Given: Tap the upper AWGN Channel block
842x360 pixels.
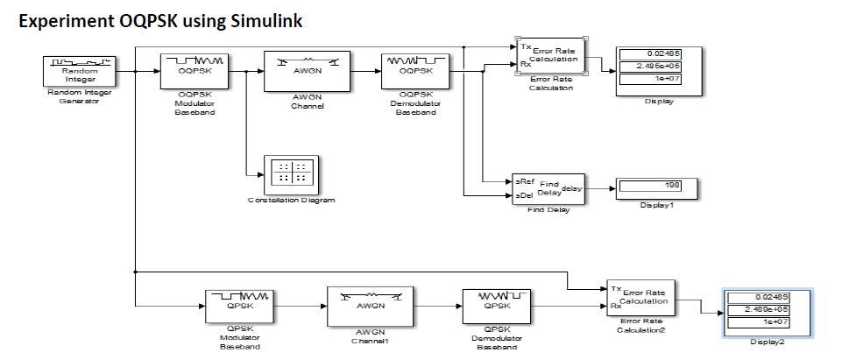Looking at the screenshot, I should pos(307,71).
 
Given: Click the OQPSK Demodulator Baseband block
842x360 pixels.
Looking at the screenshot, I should pos(416,71).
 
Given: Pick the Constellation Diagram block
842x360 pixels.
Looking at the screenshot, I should pos(292,173).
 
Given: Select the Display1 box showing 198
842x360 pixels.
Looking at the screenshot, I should pos(655,186).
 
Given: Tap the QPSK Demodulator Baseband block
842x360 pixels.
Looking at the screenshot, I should pos(496,307).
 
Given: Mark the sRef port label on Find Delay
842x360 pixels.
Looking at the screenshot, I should pos(520,180).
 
